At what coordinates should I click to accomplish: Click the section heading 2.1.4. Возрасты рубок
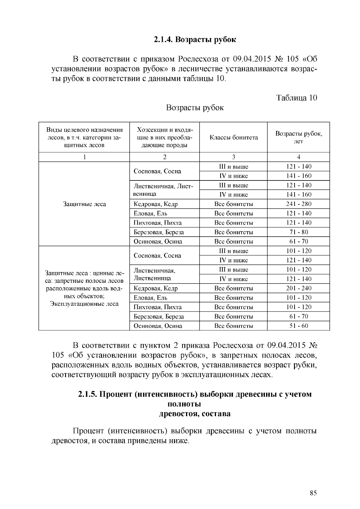(195, 40)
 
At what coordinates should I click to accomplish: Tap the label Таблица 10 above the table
(296, 98)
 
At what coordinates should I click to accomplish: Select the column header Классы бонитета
(233, 138)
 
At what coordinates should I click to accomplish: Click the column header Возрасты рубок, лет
(298, 137)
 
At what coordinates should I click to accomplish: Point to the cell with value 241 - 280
(298, 204)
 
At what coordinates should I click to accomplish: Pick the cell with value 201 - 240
(298, 288)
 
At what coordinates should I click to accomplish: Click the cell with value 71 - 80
(298, 232)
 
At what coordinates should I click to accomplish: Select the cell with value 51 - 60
(298, 326)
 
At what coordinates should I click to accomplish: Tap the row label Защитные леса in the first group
(84, 204)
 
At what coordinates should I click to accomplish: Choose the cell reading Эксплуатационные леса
(84, 304)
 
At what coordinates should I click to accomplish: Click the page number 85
(313, 493)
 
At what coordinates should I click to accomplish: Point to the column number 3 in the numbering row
(233, 157)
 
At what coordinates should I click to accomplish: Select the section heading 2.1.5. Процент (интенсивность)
(195, 394)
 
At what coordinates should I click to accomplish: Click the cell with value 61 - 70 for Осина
(298, 242)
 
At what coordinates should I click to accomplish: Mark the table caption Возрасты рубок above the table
(195, 108)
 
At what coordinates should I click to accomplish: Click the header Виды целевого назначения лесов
(84, 138)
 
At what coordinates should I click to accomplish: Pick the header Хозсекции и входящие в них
(164, 138)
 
